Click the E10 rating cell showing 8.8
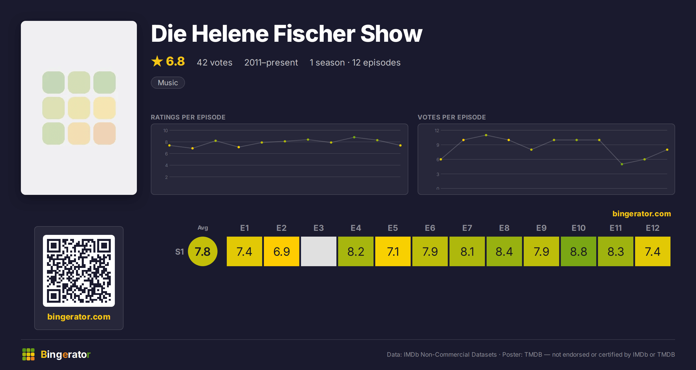tap(579, 251)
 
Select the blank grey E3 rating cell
tap(319, 251)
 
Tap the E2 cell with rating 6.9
tap(282, 251)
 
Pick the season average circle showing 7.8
tap(203, 251)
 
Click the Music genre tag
tap(168, 83)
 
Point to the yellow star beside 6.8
tap(157, 61)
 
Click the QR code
tap(79, 271)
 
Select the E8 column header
tap(504, 228)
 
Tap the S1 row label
tap(180, 252)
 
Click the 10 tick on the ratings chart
tap(166, 130)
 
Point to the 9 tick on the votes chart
tap(438, 145)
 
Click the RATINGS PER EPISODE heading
tap(188, 117)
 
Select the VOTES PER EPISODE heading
tap(452, 117)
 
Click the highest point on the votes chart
tap(486, 135)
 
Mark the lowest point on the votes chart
tap(622, 164)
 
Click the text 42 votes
tap(215, 62)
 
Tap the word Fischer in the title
tap(314, 34)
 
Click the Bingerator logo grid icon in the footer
tap(28, 354)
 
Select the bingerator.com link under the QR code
tap(79, 317)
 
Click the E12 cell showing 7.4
tap(653, 251)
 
